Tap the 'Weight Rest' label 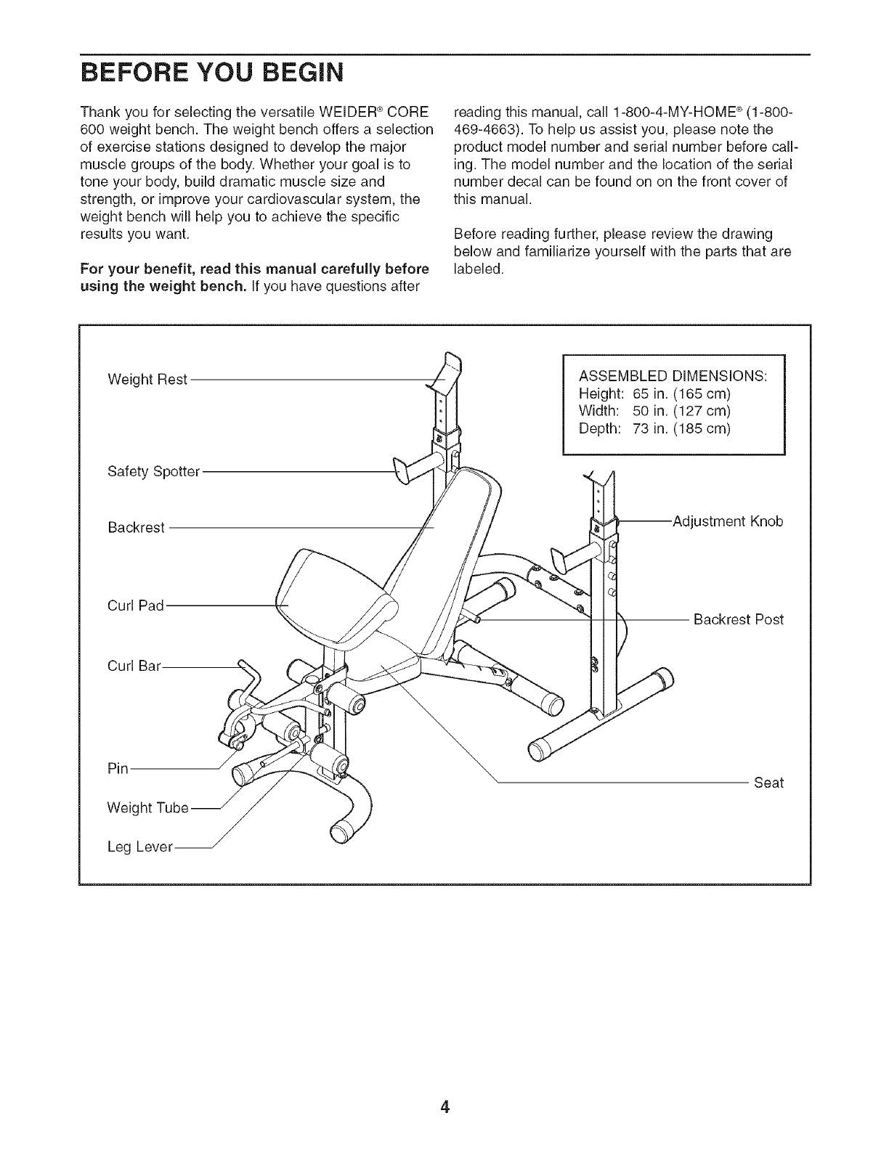point(147,379)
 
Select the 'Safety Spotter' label point(153,472)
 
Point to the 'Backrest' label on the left point(136,527)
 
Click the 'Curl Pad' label point(136,605)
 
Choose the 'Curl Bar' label point(134,664)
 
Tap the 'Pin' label point(117,769)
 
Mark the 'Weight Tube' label point(148,807)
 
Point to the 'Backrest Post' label point(739,620)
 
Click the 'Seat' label point(768,783)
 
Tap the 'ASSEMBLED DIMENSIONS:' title point(673,376)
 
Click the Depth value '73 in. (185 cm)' point(681,428)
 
